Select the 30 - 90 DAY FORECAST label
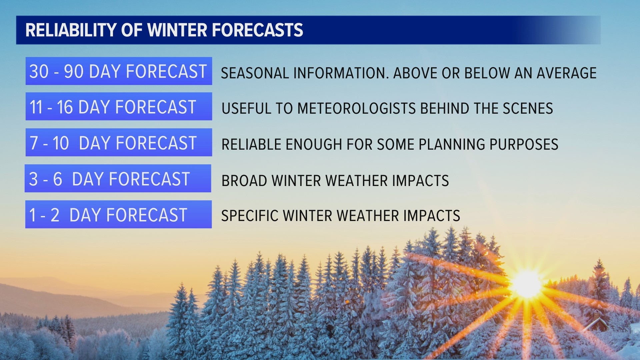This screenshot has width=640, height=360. coord(118,71)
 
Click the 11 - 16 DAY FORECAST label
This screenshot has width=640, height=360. coord(118,106)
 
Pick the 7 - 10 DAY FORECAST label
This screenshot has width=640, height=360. coord(118,142)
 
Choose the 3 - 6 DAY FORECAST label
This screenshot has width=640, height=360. coord(118,178)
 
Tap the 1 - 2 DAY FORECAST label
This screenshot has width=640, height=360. coord(118,214)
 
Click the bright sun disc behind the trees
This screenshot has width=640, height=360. coord(526,283)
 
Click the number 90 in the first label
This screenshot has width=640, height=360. coord(73,71)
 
